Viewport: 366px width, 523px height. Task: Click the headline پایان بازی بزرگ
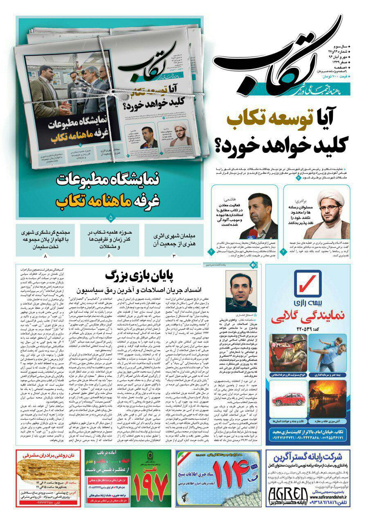(x=139, y=275)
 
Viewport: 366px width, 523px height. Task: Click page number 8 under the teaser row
(x=45, y=256)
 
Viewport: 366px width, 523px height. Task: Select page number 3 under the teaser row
(x=173, y=256)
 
